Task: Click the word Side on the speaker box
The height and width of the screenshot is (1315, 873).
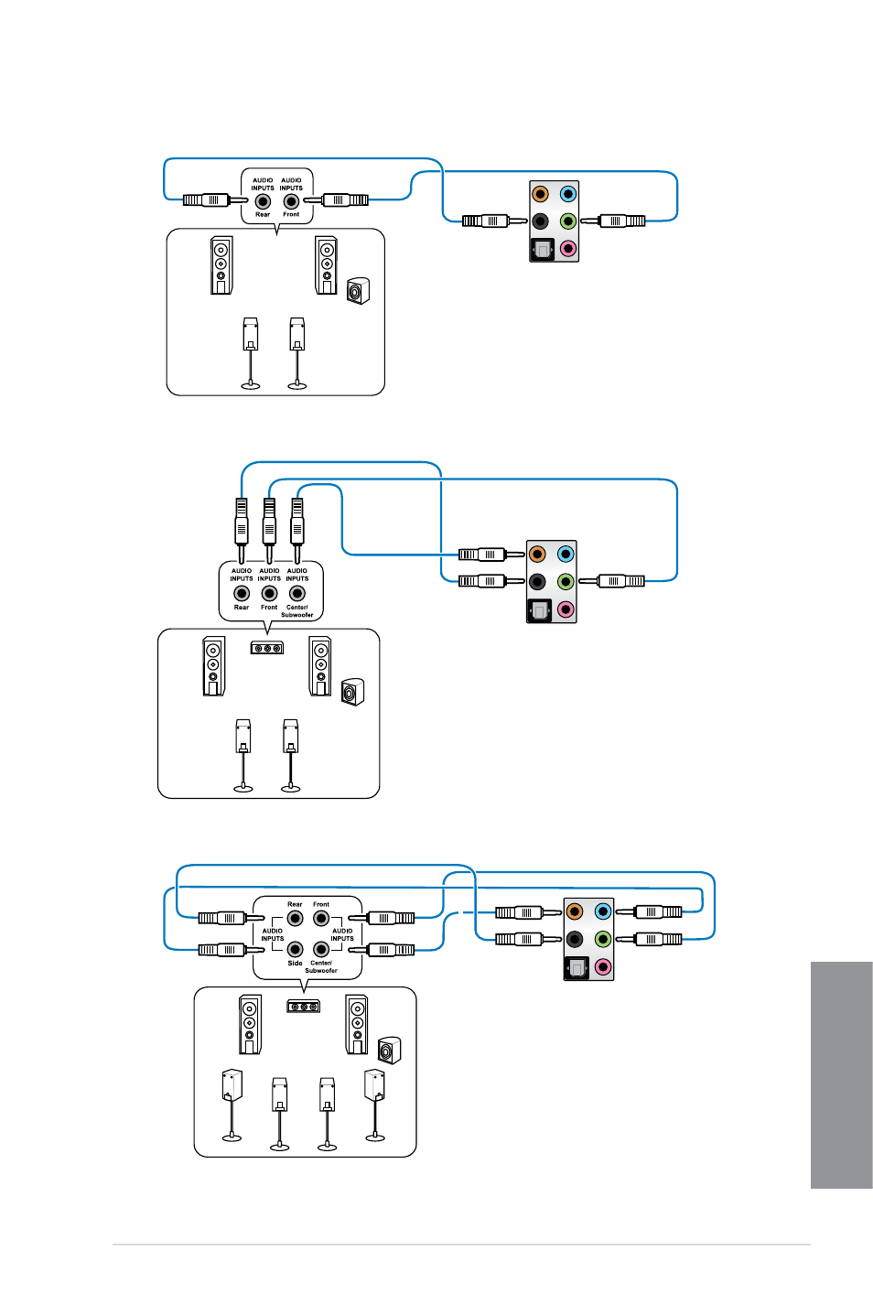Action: pos(295,963)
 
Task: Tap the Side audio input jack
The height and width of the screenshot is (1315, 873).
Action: pos(295,949)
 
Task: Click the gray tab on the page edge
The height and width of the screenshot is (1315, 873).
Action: pos(841,1075)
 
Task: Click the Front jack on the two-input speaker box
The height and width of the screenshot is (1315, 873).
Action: pos(291,201)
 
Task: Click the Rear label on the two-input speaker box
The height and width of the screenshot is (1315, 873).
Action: pos(263,214)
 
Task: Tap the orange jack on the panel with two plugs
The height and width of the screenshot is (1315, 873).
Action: pos(540,194)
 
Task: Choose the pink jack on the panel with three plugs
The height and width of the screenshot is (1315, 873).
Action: pos(566,609)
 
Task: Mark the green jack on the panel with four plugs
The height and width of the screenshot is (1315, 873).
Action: pos(603,939)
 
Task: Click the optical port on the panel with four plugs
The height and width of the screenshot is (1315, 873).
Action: pos(576,967)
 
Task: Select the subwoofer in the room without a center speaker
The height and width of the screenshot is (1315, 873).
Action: pos(358,291)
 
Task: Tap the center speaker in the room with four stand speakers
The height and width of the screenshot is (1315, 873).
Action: pos(304,1007)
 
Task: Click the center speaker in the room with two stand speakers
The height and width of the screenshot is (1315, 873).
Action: pos(267,648)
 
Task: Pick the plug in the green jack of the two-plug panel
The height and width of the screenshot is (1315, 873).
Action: pos(613,221)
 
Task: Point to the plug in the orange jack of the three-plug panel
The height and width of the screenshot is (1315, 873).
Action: pos(491,555)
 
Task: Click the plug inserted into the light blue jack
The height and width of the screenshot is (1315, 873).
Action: pos(649,911)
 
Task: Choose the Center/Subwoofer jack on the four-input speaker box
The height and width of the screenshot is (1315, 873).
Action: pos(320,949)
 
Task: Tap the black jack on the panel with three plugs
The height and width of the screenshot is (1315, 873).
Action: pos(537,582)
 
